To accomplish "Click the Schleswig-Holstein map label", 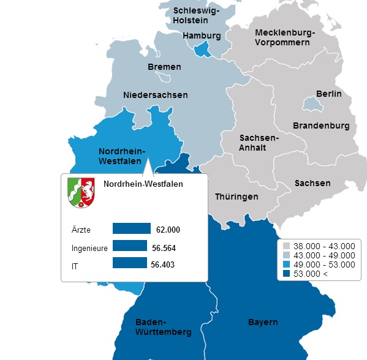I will pos(195,15).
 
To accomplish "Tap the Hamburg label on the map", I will pos(202,36).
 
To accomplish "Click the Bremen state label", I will pos(164,67).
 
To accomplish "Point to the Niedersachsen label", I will pos(155,95).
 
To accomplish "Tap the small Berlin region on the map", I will pos(313,105).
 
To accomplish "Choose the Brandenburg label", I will pos(321,126).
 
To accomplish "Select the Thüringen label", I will pos(236,197).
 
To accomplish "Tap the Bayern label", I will pos(263,322).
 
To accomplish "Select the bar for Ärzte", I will pos(131,229).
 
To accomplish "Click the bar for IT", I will pos(130,263).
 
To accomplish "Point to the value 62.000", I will pos(168,230).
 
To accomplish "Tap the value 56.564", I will pos(164,248).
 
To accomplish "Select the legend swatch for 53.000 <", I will pos(286,274).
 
